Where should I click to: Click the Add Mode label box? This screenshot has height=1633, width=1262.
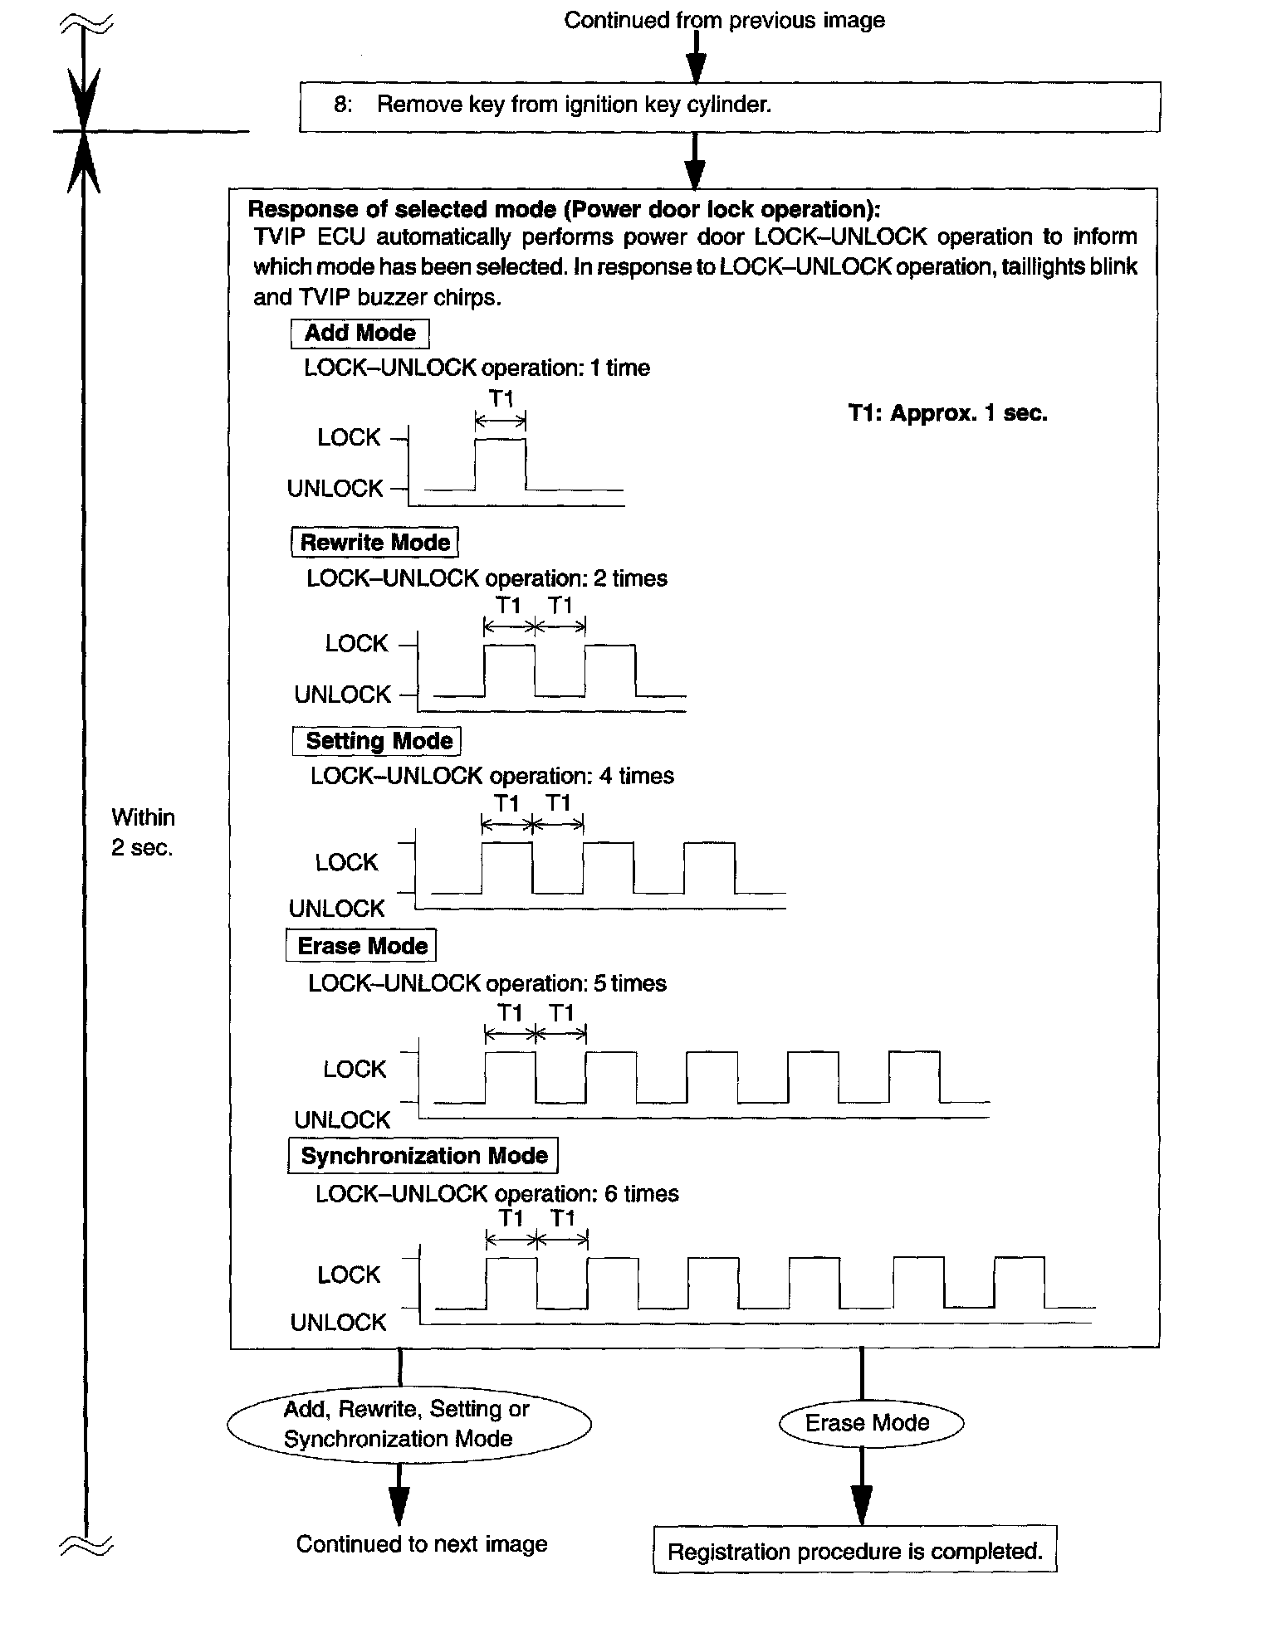pos(360,333)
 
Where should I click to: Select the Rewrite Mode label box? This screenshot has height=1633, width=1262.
pos(374,542)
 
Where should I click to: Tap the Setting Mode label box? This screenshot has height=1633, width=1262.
pos(378,741)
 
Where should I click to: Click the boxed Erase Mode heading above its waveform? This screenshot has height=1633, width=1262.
pos(361,946)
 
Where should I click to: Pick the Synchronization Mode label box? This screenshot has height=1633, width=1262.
pos(423,1156)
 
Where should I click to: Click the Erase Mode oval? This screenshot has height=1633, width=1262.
pos(868,1423)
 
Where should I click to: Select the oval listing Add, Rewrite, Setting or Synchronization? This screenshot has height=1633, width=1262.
pos(408,1424)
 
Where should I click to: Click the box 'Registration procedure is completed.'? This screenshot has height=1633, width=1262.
pos(855,1552)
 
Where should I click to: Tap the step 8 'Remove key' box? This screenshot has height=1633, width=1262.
pos(729,106)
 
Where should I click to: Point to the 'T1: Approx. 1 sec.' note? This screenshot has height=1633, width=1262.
pos(948,413)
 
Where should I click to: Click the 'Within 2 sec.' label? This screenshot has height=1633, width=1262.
pos(143,832)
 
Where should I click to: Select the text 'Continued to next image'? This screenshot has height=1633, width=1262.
pos(422,1544)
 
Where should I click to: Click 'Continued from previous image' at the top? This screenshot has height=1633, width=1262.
pos(724,20)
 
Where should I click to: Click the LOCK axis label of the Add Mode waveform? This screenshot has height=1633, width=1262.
pos(349,437)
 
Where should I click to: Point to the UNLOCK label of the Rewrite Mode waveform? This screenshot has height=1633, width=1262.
pos(342,694)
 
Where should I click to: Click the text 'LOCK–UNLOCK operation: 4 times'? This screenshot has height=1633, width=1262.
pos(492,777)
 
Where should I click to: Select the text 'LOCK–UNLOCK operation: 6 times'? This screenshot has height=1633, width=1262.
pos(496,1194)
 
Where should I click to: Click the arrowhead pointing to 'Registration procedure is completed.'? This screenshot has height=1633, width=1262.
pos(862,1504)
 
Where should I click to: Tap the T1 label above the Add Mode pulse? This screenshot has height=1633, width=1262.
pos(501,399)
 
